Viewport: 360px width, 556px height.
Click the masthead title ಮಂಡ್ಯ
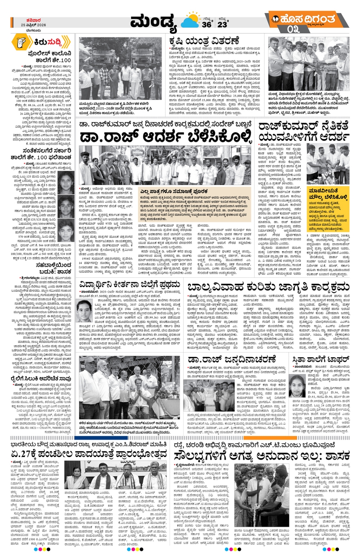coord(154,22)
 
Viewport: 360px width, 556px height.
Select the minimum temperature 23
coord(222,24)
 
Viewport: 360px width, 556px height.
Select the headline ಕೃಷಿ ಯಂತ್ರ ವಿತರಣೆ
coord(204,41)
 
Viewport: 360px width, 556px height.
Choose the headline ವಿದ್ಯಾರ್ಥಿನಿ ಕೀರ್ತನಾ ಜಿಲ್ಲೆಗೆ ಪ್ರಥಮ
coord(130,285)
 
